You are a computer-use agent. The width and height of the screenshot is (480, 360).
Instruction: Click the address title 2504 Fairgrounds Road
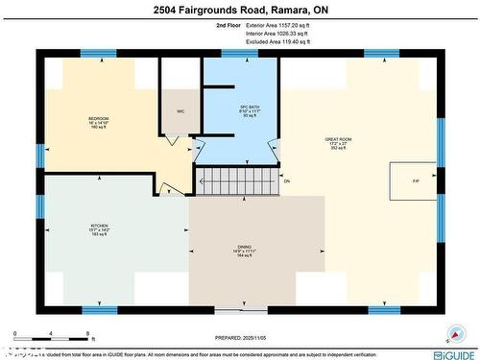(x=239, y=11)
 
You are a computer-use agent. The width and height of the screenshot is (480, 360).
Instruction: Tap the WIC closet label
(x=180, y=111)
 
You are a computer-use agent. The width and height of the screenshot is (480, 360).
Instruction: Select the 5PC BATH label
(x=237, y=108)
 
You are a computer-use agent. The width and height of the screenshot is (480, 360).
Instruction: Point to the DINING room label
(x=245, y=252)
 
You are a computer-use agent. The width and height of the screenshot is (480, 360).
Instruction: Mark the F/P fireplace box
(x=415, y=180)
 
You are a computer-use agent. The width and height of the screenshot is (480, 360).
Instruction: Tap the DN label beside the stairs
(x=286, y=180)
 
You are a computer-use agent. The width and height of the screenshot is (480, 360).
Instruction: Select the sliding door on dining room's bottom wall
(x=241, y=310)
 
